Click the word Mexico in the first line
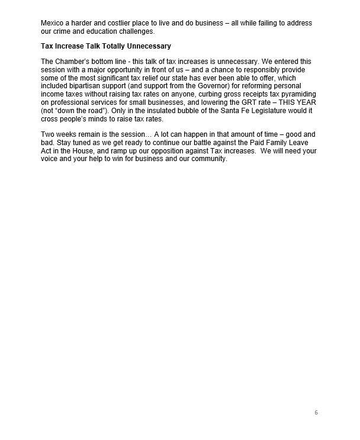pos(53,23)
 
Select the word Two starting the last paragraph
pos(48,135)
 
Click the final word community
pos(207,158)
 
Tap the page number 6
pos(316,413)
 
